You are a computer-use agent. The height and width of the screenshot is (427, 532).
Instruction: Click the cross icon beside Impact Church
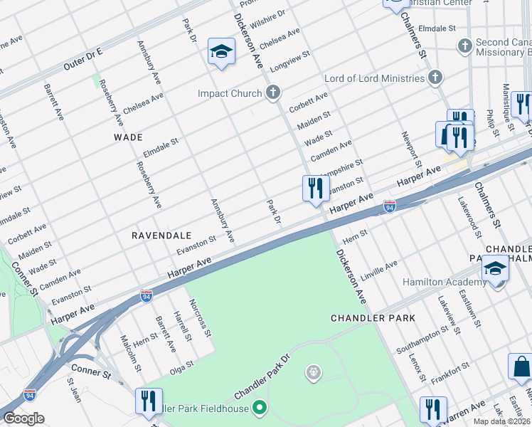(x=272, y=92)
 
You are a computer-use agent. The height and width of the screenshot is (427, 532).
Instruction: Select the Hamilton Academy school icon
(x=495, y=270)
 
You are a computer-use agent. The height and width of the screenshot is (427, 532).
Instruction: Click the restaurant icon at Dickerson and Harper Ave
(x=315, y=189)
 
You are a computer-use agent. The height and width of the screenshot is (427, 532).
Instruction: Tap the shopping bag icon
(x=521, y=367)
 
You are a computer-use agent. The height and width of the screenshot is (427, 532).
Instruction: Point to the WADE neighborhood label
(x=127, y=137)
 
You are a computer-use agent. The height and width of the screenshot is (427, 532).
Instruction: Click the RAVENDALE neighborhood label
(x=161, y=234)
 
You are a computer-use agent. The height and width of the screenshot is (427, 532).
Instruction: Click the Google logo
(x=23, y=418)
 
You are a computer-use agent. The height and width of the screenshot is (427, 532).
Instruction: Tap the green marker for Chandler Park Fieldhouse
(x=260, y=408)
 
